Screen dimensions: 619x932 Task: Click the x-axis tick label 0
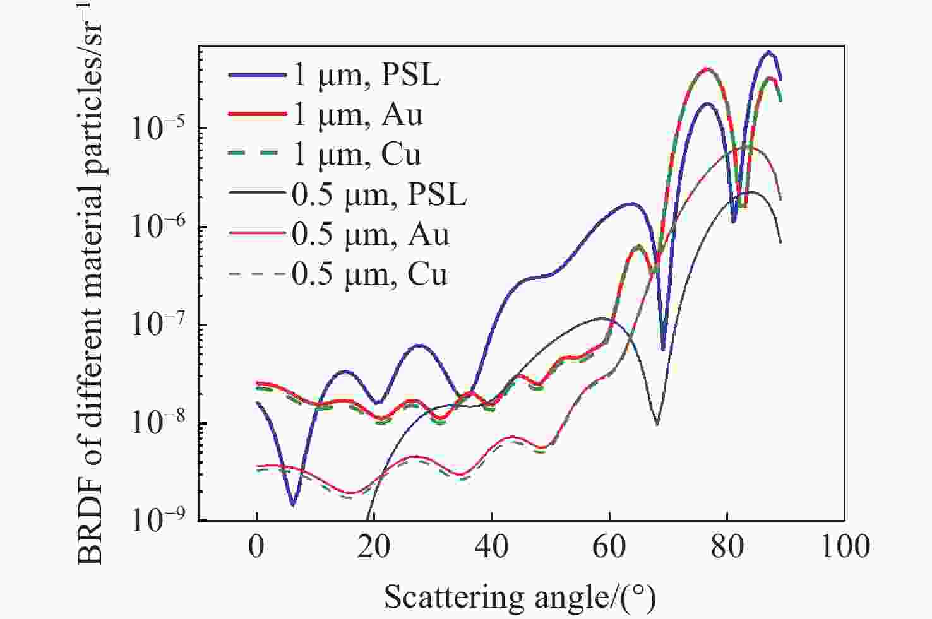(x=256, y=546)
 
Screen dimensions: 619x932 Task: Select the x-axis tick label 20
(x=374, y=546)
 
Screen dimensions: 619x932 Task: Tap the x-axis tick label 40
(x=491, y=546)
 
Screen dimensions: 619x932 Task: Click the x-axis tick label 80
(x=727, y=546)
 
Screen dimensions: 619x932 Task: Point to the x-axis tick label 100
(x=844, y=546)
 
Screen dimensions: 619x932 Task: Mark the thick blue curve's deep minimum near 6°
(x=292, y=504)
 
